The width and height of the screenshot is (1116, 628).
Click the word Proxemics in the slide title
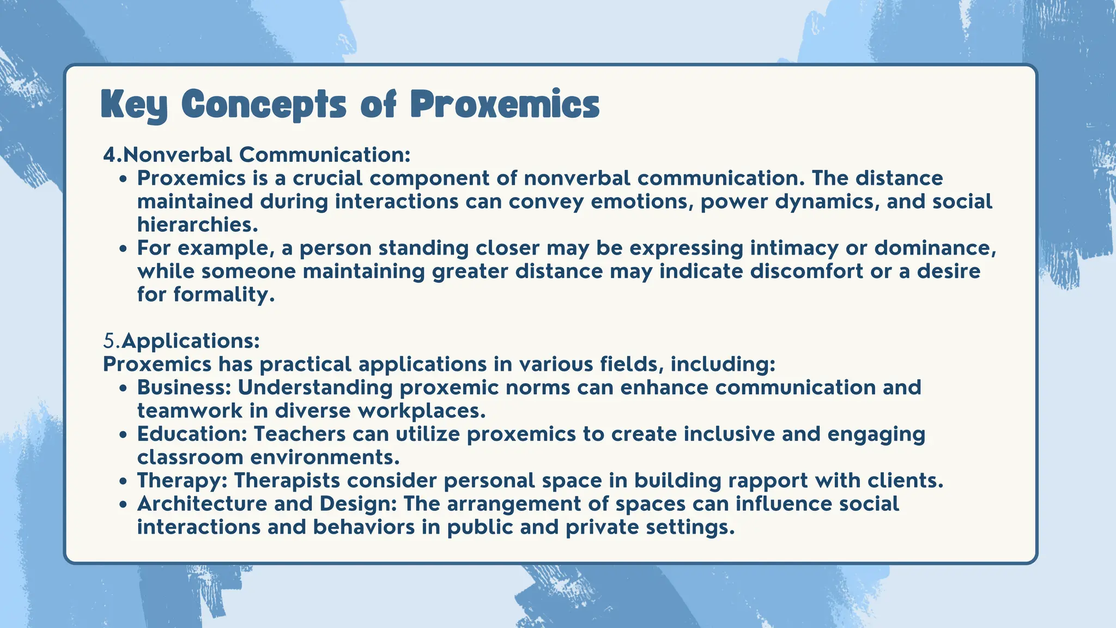point(505,105)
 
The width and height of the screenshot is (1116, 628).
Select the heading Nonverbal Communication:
point(266,155)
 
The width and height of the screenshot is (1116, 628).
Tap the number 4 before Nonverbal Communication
point(110,155)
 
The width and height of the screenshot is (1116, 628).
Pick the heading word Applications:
point(191,341)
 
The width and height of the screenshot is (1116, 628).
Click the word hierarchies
point(197,225)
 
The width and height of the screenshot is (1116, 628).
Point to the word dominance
point(935,248)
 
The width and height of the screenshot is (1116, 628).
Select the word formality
point(224,295)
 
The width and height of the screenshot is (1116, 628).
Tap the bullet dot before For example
point(124,249)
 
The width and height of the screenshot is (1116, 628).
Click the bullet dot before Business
point(124,389)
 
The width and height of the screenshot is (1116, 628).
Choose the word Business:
point(185,388)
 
